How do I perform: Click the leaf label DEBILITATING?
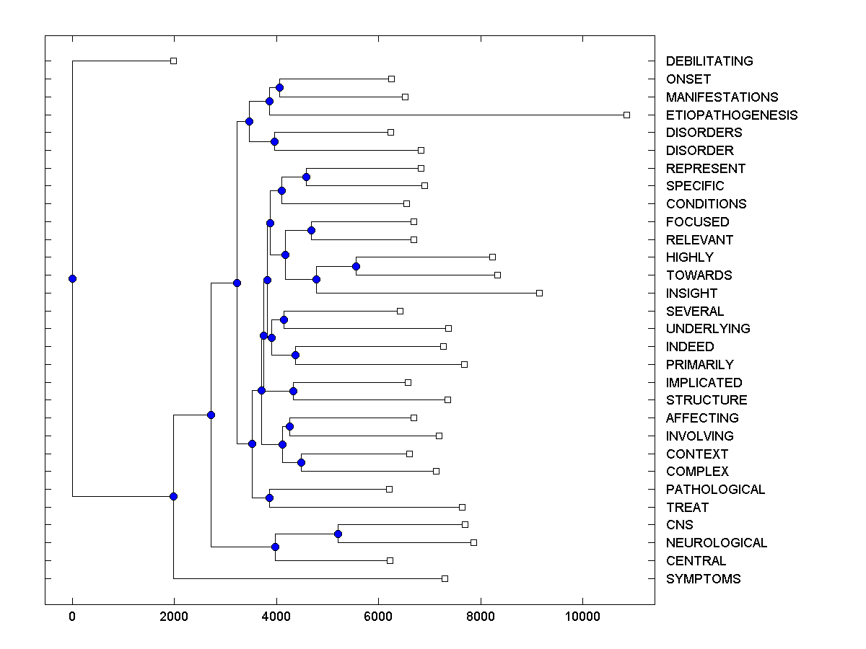tap(709, 61)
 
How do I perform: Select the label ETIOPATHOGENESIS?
tap(732, 115)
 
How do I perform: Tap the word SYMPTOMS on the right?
tap(703, 579)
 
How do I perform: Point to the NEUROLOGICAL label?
tap(717, 543)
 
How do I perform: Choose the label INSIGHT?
tap(691, 293)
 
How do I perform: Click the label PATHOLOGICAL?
tap(715, 490)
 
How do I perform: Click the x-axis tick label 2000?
tap(173, 616)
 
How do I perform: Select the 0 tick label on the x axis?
tap(72, 616)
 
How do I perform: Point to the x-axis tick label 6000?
tap(377, 616)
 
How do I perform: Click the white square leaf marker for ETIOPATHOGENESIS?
tap(626, 115)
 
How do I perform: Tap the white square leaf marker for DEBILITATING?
tap(173, 61)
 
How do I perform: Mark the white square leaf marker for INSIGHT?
tap(539, 293)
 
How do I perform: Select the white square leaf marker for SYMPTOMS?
tap(445, 578)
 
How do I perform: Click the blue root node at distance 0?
tap(72, 278)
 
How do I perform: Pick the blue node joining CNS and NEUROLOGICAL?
tap(338, 534)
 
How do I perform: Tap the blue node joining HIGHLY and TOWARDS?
tap(356, 266)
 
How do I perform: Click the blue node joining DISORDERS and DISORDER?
tap(274, 141)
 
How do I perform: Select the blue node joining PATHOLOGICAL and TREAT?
tap(269, 498)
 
